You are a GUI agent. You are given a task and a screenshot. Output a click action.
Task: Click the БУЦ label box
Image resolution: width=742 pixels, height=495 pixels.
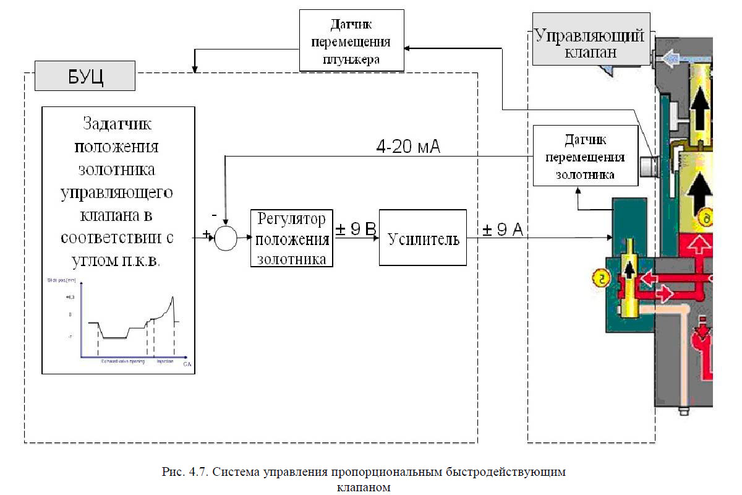coord(85,76)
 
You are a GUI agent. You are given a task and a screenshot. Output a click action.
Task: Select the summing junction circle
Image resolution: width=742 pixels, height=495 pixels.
coord(226,238)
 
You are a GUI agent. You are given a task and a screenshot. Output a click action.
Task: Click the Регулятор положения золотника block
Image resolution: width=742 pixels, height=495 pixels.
coord(292,238)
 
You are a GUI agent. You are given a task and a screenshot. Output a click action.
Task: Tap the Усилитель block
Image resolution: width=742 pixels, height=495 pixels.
coord(423,238)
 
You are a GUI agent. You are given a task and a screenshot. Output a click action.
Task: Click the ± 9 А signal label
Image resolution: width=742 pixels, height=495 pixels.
coord(502,230)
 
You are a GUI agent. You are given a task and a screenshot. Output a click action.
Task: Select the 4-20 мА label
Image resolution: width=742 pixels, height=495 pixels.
coord(408,147)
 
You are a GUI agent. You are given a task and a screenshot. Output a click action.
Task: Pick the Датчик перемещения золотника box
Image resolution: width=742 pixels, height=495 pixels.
coord(585,155)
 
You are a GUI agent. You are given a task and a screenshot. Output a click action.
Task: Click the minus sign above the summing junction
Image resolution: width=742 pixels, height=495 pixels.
coord(214,215)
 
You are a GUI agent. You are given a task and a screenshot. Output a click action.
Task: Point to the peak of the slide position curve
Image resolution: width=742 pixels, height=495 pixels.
coord(174,297)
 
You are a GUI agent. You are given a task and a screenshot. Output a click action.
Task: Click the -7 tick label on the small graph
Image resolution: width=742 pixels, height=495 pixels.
coord(70,337)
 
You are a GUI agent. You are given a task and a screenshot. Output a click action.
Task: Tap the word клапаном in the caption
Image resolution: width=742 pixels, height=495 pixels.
coord(364,487)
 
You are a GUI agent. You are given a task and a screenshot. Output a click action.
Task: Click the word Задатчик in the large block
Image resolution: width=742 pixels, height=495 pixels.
coord(117,123)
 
